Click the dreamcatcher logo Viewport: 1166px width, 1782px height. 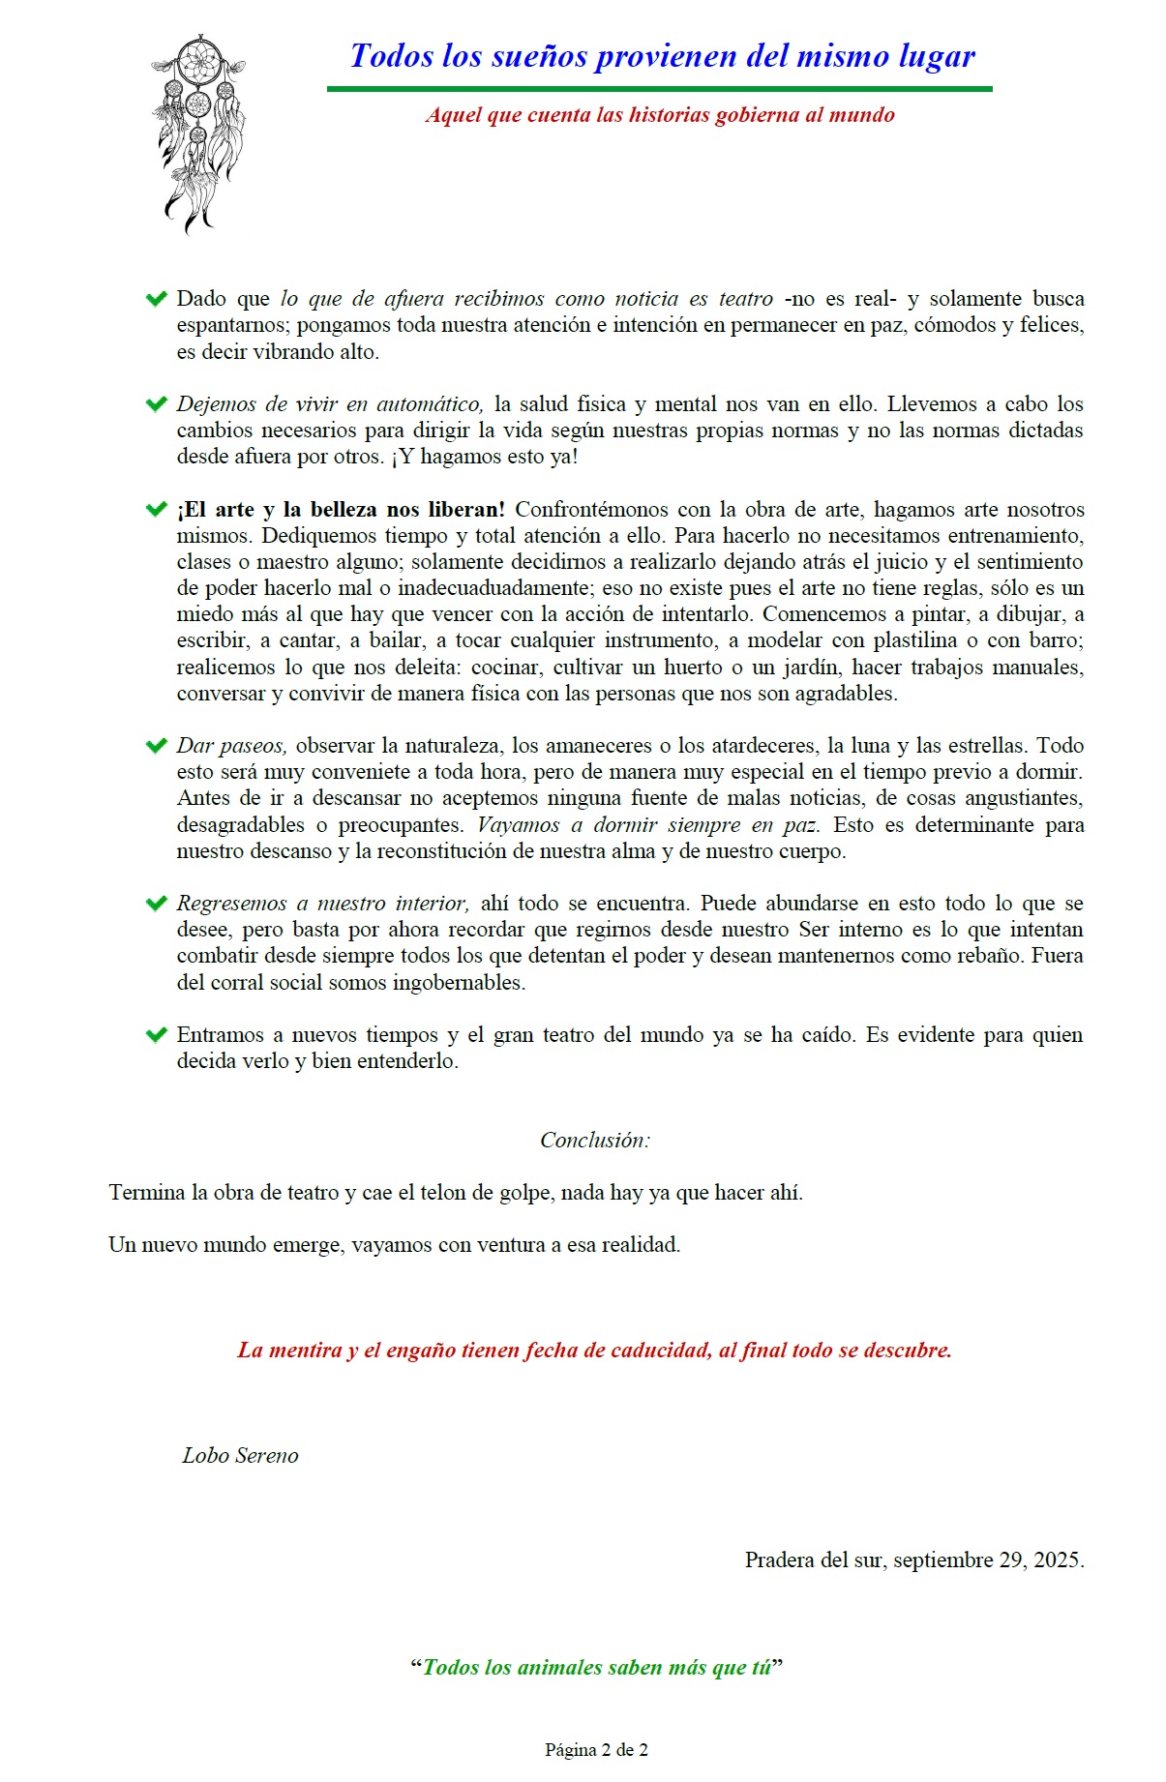point(197,134)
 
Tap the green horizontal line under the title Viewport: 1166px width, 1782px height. point(659,89)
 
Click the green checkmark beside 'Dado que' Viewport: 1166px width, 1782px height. point(156,299)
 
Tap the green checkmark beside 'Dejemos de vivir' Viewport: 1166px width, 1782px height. point(156,404)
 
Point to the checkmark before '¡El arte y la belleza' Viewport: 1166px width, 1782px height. point(156,510)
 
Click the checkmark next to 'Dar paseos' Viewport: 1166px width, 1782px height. point(156,746)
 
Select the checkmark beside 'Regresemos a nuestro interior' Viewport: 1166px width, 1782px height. point(156,904)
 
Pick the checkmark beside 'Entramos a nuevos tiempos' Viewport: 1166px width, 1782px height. point(156,1035)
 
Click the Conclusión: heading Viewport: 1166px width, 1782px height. point(595,1141)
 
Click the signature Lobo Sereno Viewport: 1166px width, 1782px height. point(240,1456)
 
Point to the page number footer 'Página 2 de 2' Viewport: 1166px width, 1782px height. point(596,1749)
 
